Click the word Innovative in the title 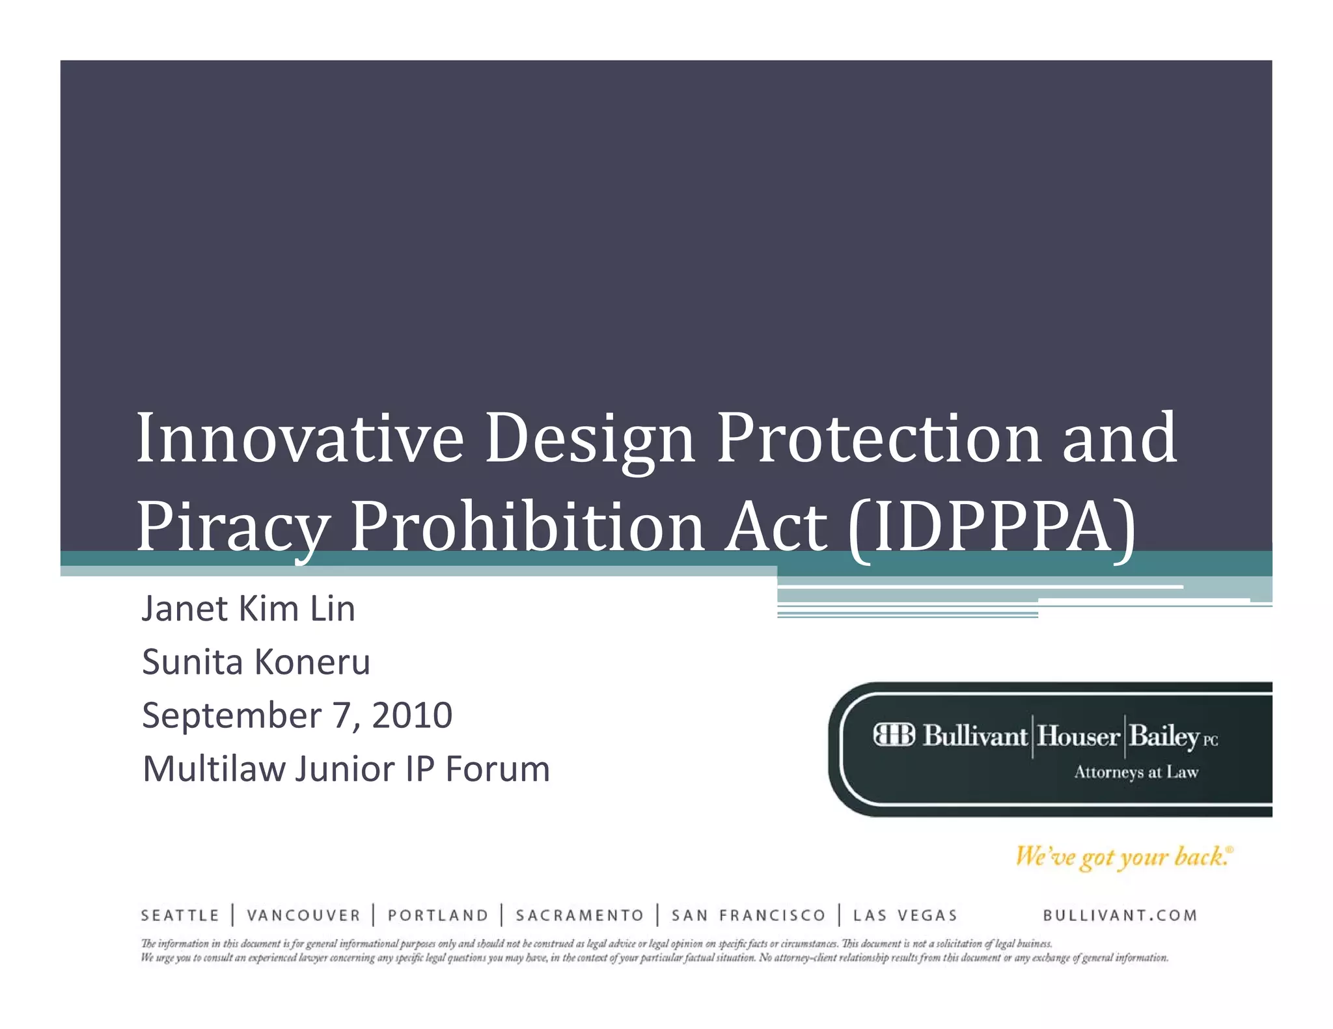299,438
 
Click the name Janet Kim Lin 248,609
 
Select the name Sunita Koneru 256,662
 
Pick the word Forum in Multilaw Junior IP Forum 497,769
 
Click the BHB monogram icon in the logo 894,735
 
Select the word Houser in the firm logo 1078,736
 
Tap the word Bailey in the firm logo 1164,736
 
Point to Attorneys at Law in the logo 1136,772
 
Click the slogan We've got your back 1123,857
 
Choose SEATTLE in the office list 180,916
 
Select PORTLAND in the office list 438,916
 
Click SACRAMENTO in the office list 579,916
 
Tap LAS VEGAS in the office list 905,916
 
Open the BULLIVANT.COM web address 1120,916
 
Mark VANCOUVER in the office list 303,916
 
